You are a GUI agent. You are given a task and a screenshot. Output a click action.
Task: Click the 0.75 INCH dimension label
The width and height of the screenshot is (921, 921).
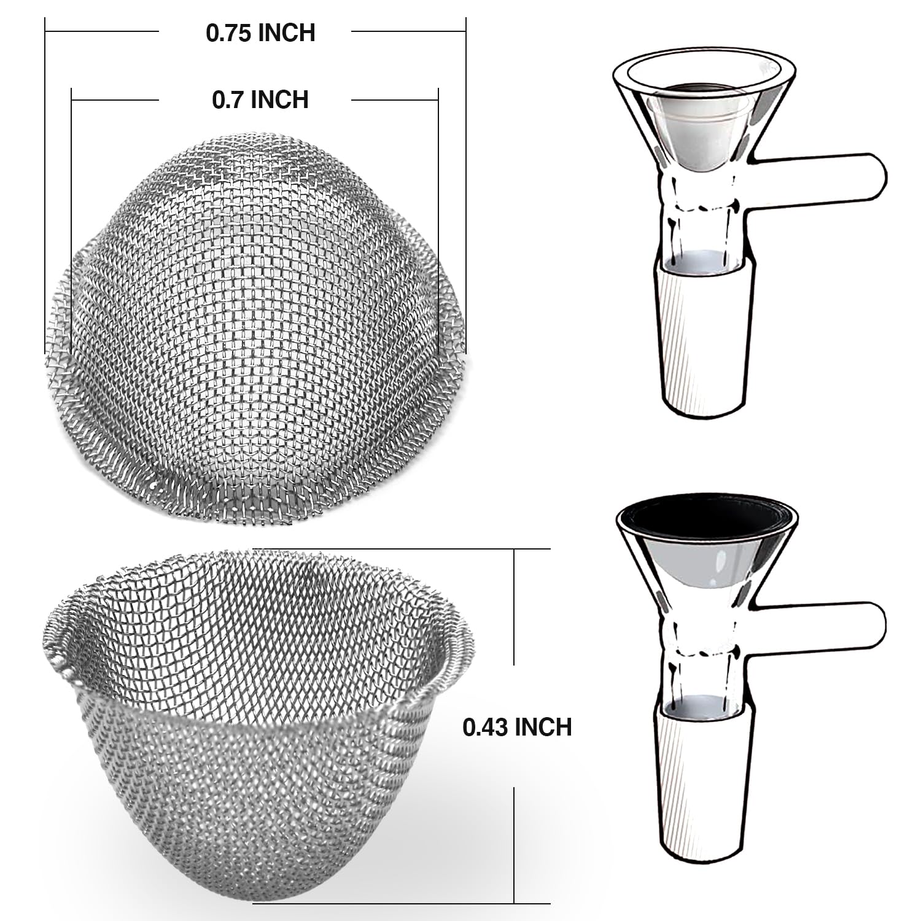pyautogui.click(x=260, y=33)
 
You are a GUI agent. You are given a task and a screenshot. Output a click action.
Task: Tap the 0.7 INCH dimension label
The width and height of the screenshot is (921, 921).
pyautogui.click(x=260, y=99)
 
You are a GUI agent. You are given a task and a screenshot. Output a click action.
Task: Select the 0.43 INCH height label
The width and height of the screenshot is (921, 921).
pyautogui.click(x=517, y=727)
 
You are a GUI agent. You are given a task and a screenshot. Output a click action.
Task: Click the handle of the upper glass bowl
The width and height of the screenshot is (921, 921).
pyautogui.click(x=823, y=176)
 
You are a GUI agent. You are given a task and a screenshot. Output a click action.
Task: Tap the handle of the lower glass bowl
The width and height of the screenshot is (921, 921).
pyautogui.click(x=823, y=628)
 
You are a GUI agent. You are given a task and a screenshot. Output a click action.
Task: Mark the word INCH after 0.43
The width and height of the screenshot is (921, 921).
pyautogui.click(x=543, y=727)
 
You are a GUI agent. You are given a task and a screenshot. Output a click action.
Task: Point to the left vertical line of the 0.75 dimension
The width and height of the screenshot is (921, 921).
pyautogui.click(x=46, y=184)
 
